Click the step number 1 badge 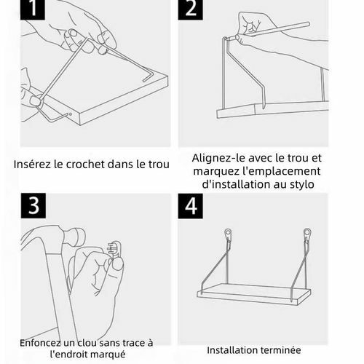point(33,9)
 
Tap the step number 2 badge point(190,9)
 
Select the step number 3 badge point(33,206)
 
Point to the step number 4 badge point(191,206)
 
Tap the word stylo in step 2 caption point(302,184)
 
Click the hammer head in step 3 point(71,238)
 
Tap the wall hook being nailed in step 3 point(114,249)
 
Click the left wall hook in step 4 point(228,235)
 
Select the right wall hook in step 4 point(307,234)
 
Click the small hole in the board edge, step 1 point(71,114)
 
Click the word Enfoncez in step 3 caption point(40,343)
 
